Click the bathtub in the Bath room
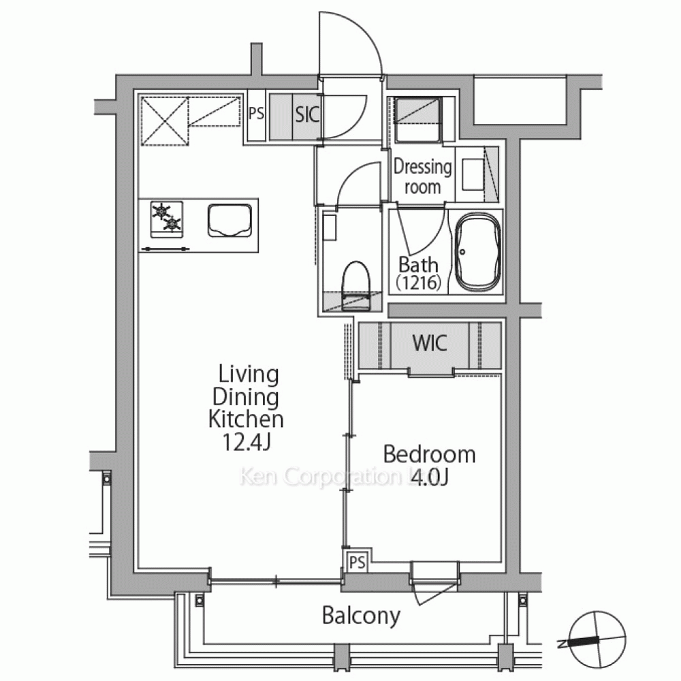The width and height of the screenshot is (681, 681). point(477,252)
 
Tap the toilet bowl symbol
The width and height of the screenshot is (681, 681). point(355,285)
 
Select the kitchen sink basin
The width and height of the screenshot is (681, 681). point(229,221)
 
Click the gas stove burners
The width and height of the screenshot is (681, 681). point(166,219)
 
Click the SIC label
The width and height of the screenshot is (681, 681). point(308,115)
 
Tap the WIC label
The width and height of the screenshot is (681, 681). point(430,343)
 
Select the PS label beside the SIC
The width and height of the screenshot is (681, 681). point(256,113)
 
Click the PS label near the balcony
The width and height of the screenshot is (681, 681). point(358,563)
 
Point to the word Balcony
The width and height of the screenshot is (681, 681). point(361,616)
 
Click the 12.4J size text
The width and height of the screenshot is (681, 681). point(247,442)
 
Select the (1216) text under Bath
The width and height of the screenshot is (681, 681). point(418,283)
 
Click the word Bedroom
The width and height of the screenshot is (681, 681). point(429,455)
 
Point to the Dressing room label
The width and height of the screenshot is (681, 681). point(423,177)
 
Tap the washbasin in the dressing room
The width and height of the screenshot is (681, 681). point(473,174)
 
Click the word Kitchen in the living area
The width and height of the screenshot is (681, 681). point(246,419)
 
